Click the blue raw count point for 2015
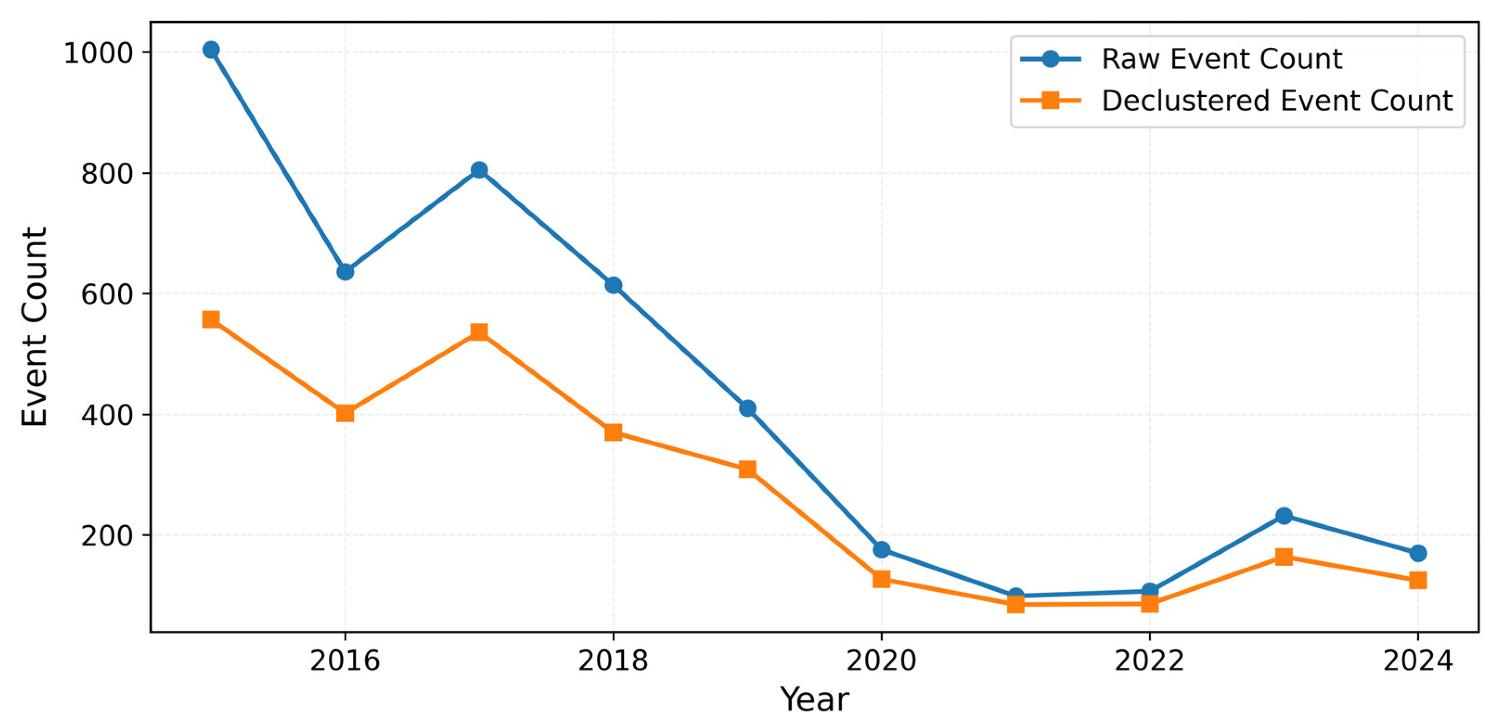[211, 50]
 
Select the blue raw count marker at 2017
[479, 170]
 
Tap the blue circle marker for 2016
[345, 272]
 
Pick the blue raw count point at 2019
[747, 408]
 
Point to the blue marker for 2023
[1284, 516]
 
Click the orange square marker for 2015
[211, 320]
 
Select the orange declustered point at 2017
[479, 332]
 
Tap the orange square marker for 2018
[613, 432]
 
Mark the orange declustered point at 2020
[882, 579]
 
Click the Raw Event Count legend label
[1222, 59]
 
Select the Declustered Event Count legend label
[1277, 101]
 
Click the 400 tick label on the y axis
[107, 415]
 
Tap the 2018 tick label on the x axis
[613, 661]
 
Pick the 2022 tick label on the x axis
[1149, 661]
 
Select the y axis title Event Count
[34, 327]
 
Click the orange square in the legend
[1050, 101]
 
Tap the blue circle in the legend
[1050, 59]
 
